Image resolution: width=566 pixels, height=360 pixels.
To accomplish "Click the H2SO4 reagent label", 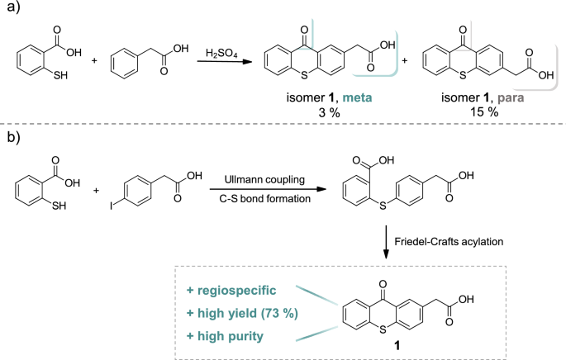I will tap(223, 54).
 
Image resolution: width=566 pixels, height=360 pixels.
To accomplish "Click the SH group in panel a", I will tap(60, 79).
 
